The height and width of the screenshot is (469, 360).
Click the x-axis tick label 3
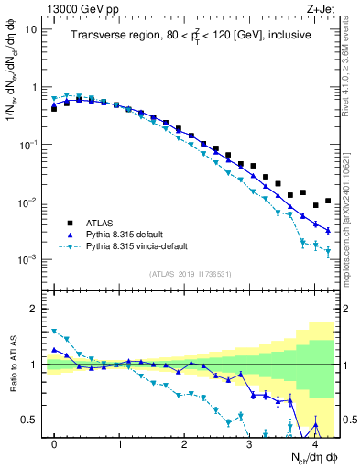click(x=249, y=443)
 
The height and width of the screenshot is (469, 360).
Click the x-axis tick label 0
click(x=54, y=443)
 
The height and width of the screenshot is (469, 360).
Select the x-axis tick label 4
click(x=314, y=443)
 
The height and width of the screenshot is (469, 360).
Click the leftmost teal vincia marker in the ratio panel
click(x=54, y=332)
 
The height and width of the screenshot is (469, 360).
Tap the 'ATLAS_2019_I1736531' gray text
click(x=191, y=273)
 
